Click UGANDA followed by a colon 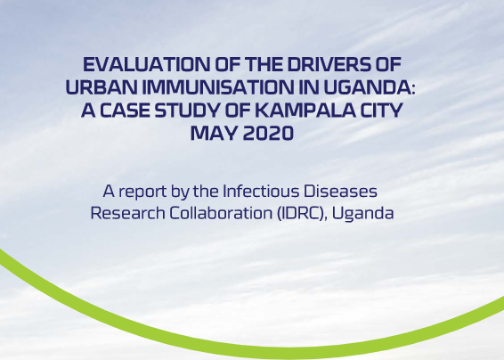point(370,87)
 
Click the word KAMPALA point(305,110)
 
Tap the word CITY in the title point(381,110)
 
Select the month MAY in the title point(214,133)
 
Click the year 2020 point(268,133)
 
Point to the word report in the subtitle point(142,192)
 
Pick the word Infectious point(261,191)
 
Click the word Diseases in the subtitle point(340,191)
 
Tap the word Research point(127,213)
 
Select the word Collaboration point(221,213)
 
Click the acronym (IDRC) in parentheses point(302,214)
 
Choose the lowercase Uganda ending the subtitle point(362,214)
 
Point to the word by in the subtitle point(180,192)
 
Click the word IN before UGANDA point(309,87)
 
